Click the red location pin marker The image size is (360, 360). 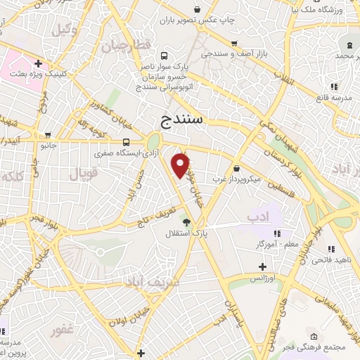tap(181, 165)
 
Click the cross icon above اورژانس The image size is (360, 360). tap(262, 266)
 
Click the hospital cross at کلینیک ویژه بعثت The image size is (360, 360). tap(38, 64)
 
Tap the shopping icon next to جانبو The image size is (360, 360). tap(47, 135)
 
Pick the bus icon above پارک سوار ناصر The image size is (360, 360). tap(164, 56)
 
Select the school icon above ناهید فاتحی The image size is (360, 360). tap(330, 249)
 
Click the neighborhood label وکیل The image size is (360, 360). tap(65, 30)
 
